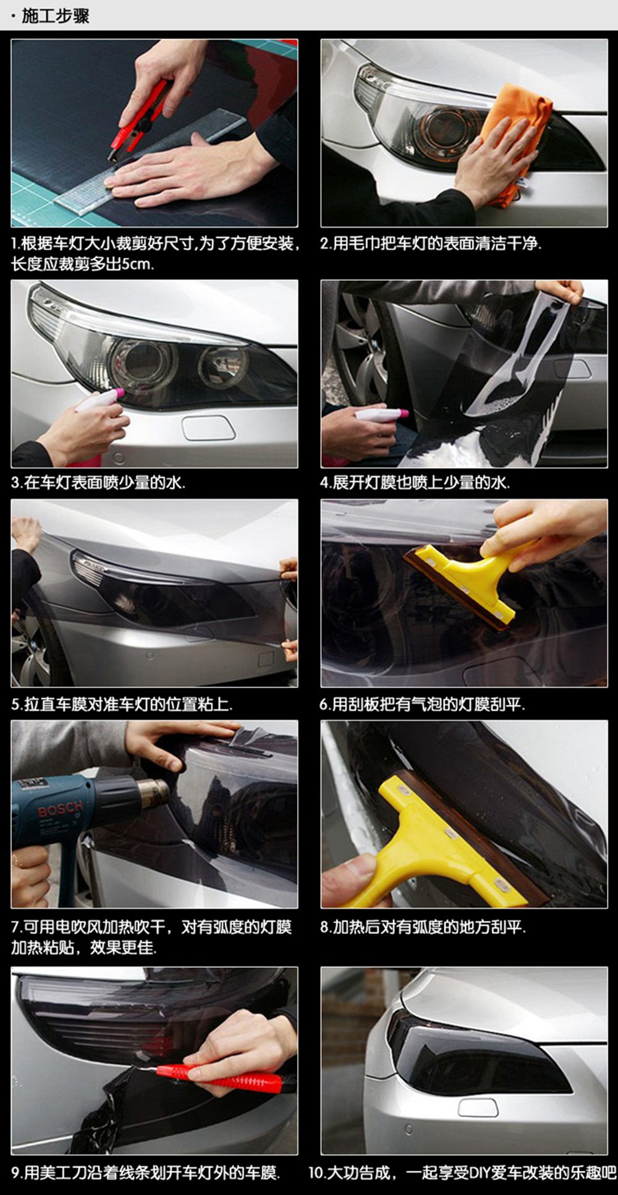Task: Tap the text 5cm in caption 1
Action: tap(137, 264)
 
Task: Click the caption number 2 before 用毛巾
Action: tap(324, 244)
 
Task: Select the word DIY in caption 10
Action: tap(481, 1172)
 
